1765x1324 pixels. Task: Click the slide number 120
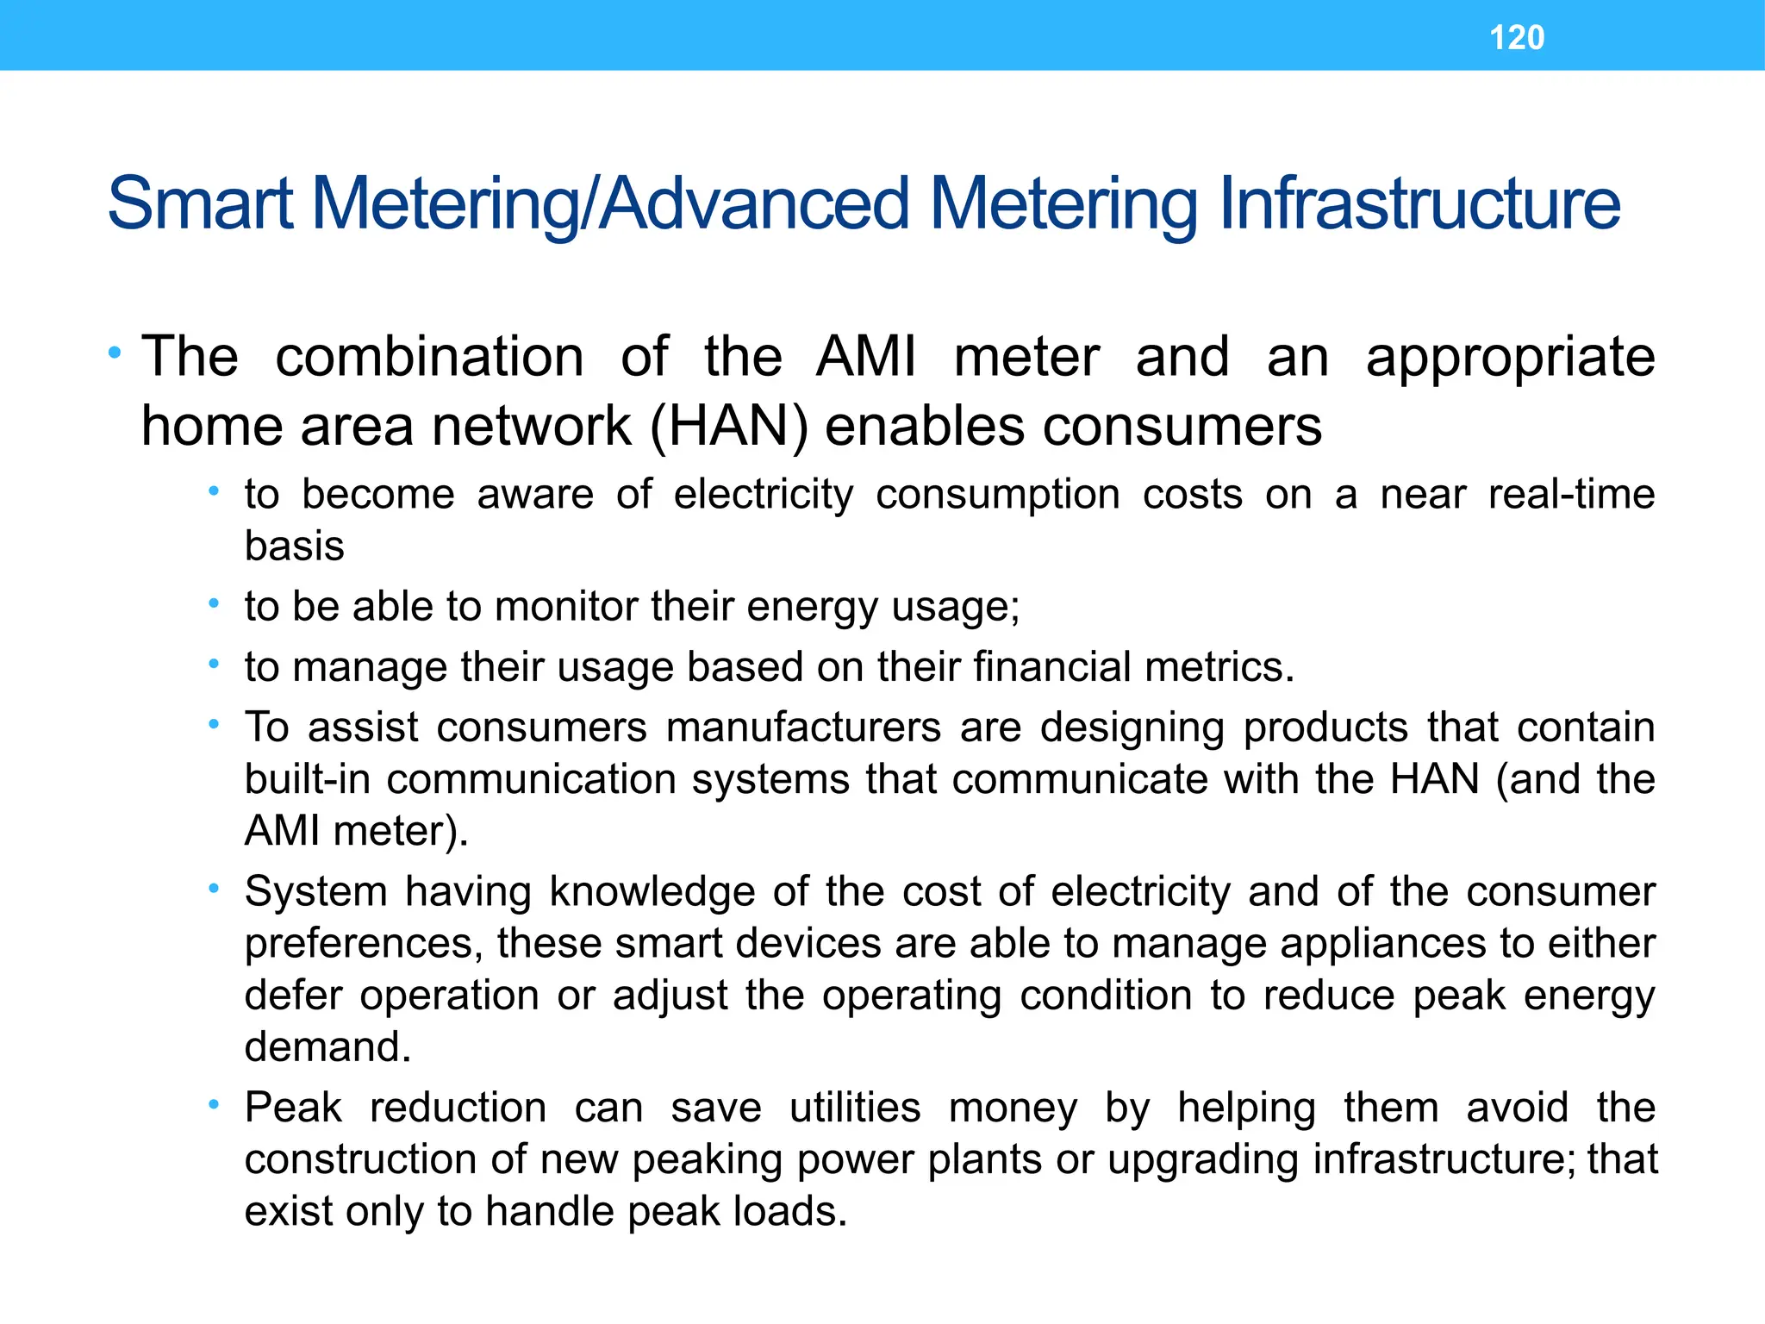[1517, 38]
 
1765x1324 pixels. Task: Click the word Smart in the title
[200, 204]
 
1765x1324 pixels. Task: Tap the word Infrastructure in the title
[1419, 204]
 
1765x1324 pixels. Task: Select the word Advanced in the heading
[754, 204]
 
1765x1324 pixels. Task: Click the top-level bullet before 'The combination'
[115, 353]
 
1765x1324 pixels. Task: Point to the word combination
[429, 357]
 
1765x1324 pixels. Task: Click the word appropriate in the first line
[1510, 359]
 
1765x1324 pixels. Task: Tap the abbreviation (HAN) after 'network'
[728, 427]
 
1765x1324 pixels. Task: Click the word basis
[294, 546]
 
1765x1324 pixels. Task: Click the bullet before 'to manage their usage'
[214, 664]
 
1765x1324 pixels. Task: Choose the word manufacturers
[803, 727]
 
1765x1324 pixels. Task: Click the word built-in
[308, 779]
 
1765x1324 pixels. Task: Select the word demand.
[327, 1047]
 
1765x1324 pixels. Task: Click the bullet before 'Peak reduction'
[214, 1104]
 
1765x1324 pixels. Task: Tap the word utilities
[855, 1108]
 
